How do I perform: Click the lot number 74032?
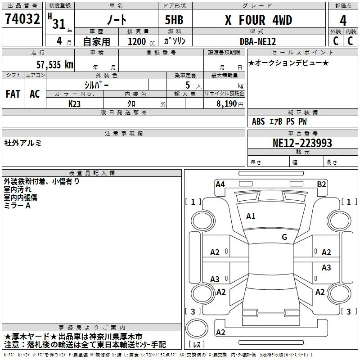[22, 19]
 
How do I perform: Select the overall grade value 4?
[343, 21]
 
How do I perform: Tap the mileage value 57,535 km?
[55, 64]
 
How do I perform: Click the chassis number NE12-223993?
[302, 143]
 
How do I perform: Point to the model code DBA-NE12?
[258, 41]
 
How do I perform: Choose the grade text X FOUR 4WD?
[258, 20]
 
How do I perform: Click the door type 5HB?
[174, 20]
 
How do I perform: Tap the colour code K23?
[74, 104]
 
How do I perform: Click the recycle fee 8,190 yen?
[230, 104]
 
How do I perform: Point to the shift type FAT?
[13, 94]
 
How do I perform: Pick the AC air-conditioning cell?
[35, 94]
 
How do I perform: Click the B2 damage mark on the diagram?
[321, 184]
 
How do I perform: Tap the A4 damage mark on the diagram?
[220, 184]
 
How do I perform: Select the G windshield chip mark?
[284, 237]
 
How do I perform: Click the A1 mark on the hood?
[251, 216]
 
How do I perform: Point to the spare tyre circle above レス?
[197, 328]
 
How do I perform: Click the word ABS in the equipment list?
[258, 121]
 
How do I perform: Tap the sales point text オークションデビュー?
[288, 63]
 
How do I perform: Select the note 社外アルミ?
[22, 143]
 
